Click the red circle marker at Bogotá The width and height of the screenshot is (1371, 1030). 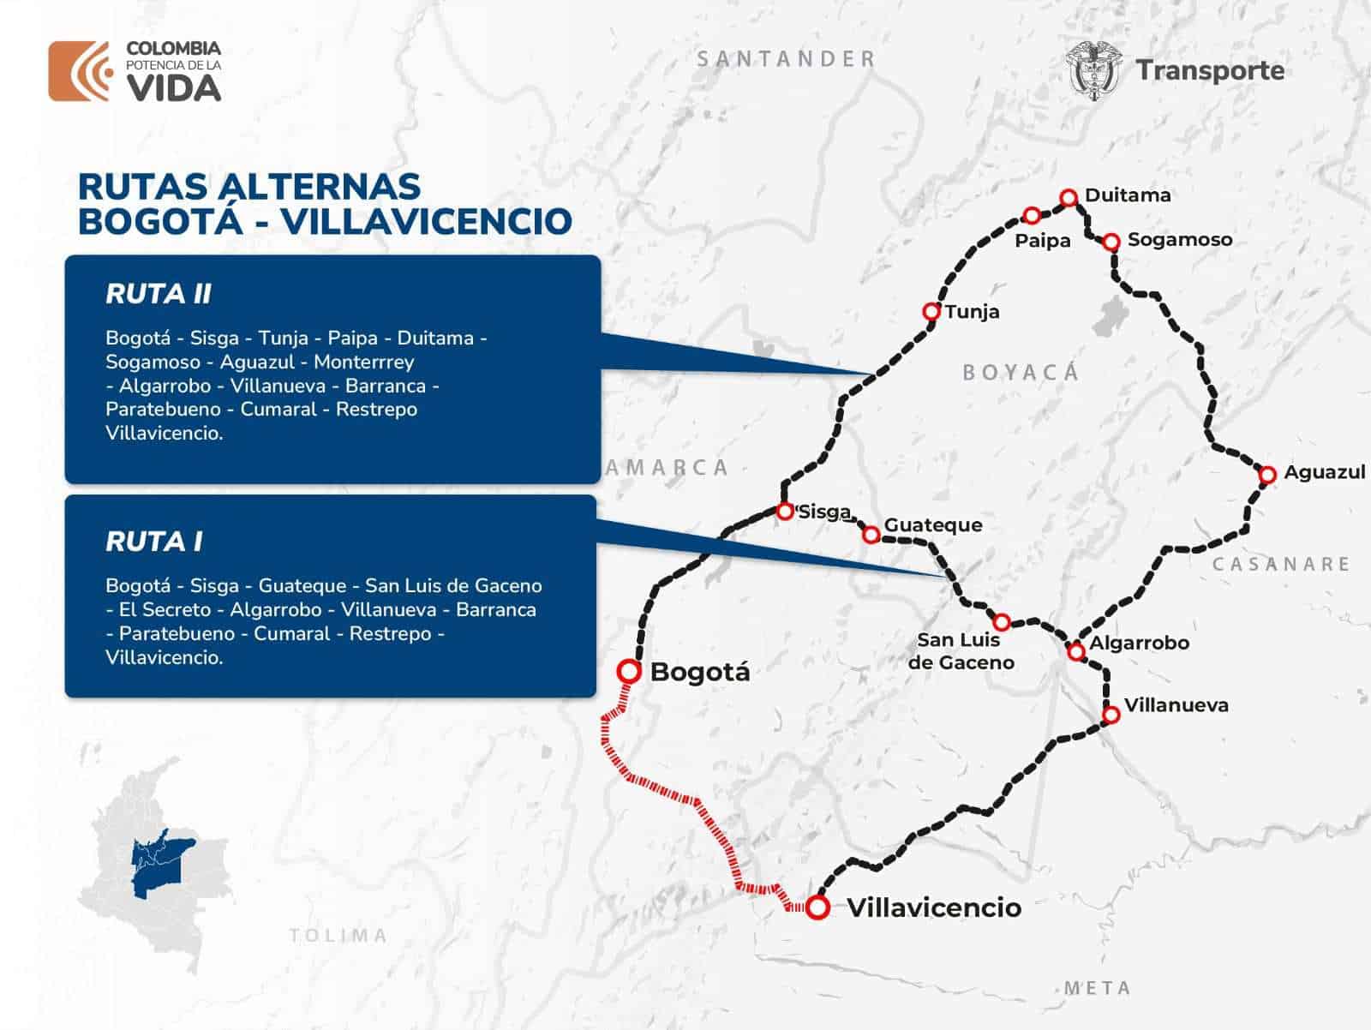630,671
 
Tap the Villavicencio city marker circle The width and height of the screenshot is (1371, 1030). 817,907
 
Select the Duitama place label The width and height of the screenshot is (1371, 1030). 1127,195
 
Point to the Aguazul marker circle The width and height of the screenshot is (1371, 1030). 1267,474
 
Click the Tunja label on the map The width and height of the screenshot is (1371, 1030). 972,312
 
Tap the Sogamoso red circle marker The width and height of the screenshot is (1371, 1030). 1111,242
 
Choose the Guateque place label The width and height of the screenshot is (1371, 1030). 932,524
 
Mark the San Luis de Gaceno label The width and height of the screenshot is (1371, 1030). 961,651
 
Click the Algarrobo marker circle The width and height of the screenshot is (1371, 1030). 1076,652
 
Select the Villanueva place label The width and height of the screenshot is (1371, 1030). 1176,705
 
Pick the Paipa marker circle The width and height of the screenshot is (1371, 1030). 1033,215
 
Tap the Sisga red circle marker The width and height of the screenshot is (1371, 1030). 784,512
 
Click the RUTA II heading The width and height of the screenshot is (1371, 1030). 158,294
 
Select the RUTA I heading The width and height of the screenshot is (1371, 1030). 153,542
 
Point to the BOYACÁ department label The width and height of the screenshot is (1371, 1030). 1021,373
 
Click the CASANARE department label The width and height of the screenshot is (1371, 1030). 1281,564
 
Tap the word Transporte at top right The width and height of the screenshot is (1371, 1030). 1209,70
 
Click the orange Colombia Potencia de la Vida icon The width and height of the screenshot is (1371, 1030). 80,71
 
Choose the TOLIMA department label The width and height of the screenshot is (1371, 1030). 338,935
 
